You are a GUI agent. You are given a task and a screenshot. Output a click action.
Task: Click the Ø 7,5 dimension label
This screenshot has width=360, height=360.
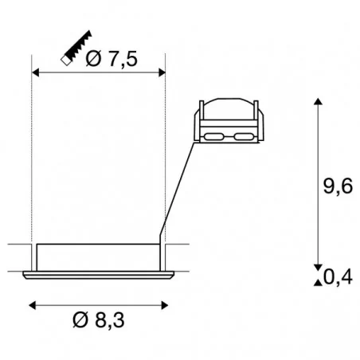[x=112, y=59]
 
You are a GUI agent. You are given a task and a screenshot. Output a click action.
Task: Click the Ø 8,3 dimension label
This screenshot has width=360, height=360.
[x=99, y=320]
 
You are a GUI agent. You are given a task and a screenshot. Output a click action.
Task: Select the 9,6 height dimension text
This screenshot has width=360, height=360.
[x=338, y=186]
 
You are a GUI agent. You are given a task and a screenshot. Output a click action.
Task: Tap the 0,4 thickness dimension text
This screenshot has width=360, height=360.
[x=338, y=277]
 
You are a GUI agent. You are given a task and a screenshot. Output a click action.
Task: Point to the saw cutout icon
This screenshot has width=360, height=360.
[x=76, y=48]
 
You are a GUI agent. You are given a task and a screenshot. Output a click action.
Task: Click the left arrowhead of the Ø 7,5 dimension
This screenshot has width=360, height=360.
[x=35, y=72]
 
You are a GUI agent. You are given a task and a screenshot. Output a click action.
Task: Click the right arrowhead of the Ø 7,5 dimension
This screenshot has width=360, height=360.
[x=162, y=72]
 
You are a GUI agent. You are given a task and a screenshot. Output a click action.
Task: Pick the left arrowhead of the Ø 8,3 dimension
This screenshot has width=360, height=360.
[x=33, y=305]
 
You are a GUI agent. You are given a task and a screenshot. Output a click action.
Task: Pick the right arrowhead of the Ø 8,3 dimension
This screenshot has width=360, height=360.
[x=165, y=305]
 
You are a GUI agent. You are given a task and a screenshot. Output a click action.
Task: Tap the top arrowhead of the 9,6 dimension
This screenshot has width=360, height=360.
[x=318, y=101]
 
